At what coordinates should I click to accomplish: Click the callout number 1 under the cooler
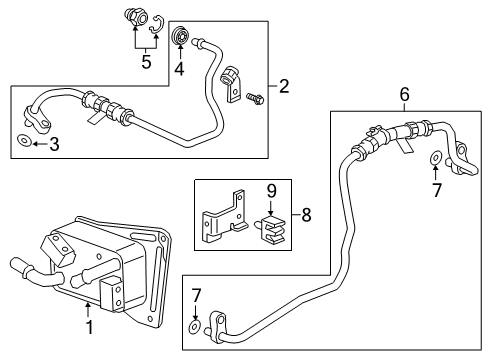88,326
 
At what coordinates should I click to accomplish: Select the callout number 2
285,87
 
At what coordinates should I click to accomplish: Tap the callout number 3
54,145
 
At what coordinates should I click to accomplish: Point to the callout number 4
180,70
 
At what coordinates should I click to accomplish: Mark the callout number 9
271,189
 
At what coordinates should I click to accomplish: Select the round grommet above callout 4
181,38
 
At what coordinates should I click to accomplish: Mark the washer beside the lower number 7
192,326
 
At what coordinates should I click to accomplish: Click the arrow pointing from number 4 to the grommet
180,55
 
